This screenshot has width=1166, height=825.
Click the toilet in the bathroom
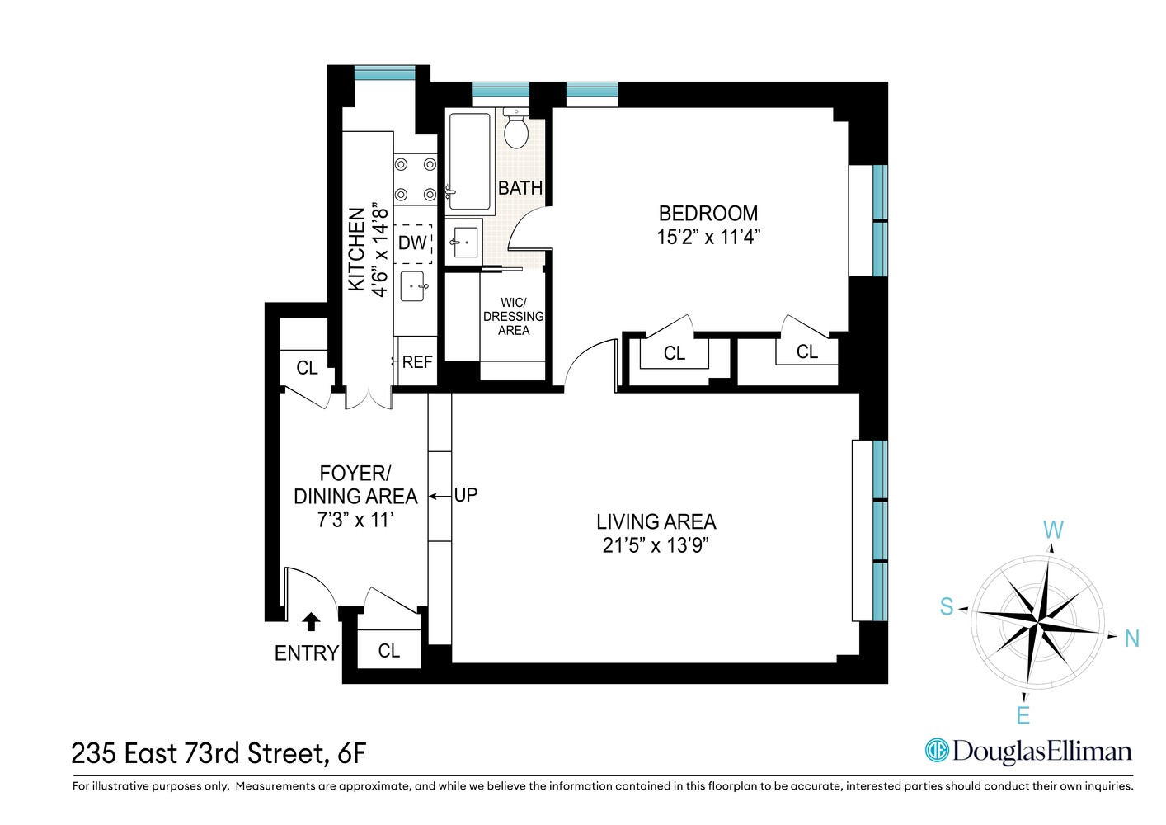(x=516, y=130)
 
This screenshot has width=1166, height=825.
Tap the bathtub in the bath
(x=469, y=163)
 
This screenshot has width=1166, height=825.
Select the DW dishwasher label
(x=412, y=243)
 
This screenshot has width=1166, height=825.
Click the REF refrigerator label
(x=417, y=362)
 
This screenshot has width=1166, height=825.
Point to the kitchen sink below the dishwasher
(x=413, y=286)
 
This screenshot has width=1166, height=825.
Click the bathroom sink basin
(x=464, y=241)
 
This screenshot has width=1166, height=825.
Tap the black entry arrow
(x=312, y=621)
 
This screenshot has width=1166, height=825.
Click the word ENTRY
(x=306, y=653)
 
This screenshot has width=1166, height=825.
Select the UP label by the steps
(x=466, y=495)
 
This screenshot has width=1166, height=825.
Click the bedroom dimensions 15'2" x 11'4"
(x=708, y=237)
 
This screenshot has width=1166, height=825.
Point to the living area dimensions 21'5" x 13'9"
(x=656, y=545)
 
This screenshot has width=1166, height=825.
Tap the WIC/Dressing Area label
(x=513, y=316)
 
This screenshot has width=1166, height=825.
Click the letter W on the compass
(x=1053, y=530)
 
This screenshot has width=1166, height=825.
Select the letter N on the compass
(x=1131, y=639)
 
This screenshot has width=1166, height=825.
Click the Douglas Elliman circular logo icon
(x=937, y=750)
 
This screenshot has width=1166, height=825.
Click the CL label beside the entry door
(x=389, y=651)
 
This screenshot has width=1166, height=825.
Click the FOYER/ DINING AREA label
(x=355, y=485)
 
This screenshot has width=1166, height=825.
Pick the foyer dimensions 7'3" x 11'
(x=355, y=521)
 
